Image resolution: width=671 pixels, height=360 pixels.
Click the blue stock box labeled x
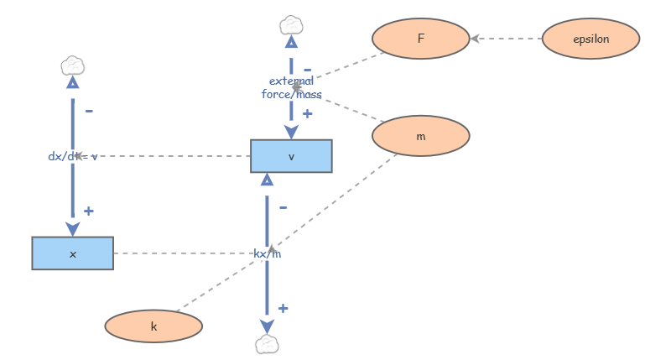coord(72,253)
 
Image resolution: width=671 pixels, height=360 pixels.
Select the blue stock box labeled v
coord(291,156)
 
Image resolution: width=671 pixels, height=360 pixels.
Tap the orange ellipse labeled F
coord(420,39)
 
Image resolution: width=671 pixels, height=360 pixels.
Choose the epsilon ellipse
coord(590,39)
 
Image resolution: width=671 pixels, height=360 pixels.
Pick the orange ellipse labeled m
coord(420,135)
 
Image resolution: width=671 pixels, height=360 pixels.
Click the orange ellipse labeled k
coord(153,326)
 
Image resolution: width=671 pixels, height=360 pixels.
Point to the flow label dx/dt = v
coord(73,156)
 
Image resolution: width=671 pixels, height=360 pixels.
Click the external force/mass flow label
coord(291,87)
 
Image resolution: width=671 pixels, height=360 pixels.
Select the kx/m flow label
coord(267,253)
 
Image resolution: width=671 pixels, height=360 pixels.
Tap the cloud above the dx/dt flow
coord(73,65)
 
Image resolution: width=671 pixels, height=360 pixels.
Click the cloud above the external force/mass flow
coord(291,23)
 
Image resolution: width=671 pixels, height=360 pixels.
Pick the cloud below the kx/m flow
coord(267,343)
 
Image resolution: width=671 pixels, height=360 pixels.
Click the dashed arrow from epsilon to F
coord(507,39)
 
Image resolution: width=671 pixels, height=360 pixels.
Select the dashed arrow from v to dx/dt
coord(168,156)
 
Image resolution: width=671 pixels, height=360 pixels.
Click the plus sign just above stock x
coord(88,211)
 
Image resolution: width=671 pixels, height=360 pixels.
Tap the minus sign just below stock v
coord(283,206)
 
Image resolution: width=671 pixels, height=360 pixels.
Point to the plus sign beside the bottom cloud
coord(283,309)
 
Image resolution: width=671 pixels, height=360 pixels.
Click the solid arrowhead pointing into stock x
coord(73,228)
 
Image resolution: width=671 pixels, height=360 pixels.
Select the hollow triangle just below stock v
coord(267,180)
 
